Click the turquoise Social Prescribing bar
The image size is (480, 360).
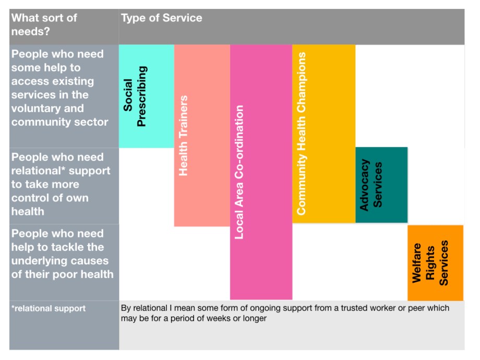(x=146, y=96)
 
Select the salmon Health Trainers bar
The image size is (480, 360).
(x=202, y=136)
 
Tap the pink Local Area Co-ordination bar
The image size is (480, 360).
(x=261, y=172)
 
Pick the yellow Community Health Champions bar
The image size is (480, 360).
(x=323, y=134)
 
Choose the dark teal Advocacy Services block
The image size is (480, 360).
(x=381, y=185)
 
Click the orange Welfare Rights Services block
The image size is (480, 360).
(x=435, y=262)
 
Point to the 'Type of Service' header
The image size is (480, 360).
(x=161, y=18)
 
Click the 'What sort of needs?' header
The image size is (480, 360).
(x=44, y=25)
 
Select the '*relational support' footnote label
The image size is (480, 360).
(x=49, y=308)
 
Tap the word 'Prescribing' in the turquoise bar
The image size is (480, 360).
(x=141, y=96)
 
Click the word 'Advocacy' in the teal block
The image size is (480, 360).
(x=365, y=185)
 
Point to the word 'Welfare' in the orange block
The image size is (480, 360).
(x=417, y=262)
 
